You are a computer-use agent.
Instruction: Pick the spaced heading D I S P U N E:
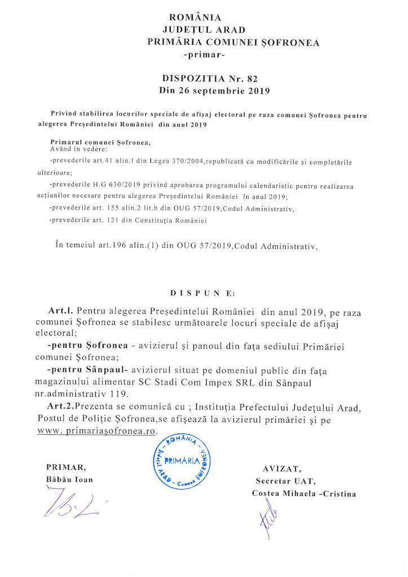(x=203, y=293)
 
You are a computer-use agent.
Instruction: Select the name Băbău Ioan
(x=69, y=480)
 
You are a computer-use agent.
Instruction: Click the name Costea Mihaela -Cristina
(x=304, y=494)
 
